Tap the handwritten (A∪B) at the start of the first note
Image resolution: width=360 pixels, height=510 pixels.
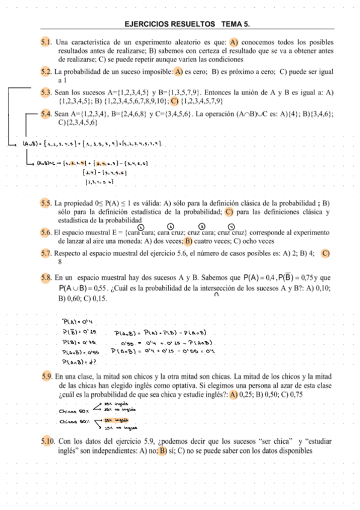pos(31,144)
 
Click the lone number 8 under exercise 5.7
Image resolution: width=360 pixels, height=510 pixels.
pos(60,262)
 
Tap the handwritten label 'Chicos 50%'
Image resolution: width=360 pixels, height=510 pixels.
pos(73,411)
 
